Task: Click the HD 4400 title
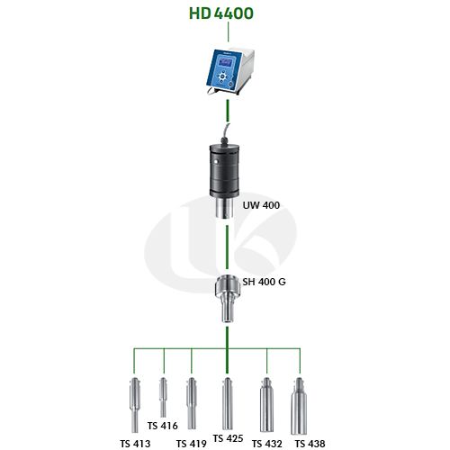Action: [221, 13]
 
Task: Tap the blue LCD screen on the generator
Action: [225, 63]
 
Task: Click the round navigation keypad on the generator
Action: [222, 76]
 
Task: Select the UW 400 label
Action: [261, 205]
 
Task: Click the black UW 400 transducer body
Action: [224, 170]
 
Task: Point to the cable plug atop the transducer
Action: [225, 140]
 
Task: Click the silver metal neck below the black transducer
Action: [224, 208]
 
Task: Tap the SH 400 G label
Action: [264, 282]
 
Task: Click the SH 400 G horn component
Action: [227, 299]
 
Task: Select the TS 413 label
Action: [135, 444]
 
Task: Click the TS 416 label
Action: [162, 426]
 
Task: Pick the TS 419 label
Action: [191, 444]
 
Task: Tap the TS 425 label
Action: [228, 438]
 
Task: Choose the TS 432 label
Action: [267, 444]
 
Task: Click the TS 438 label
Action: [310, 444]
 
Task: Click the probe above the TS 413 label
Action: [135, 405]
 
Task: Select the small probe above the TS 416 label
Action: [163, 398]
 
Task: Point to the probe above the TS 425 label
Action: [228, 403]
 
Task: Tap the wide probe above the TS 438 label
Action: [299, 406]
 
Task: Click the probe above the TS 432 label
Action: [266, 405]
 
